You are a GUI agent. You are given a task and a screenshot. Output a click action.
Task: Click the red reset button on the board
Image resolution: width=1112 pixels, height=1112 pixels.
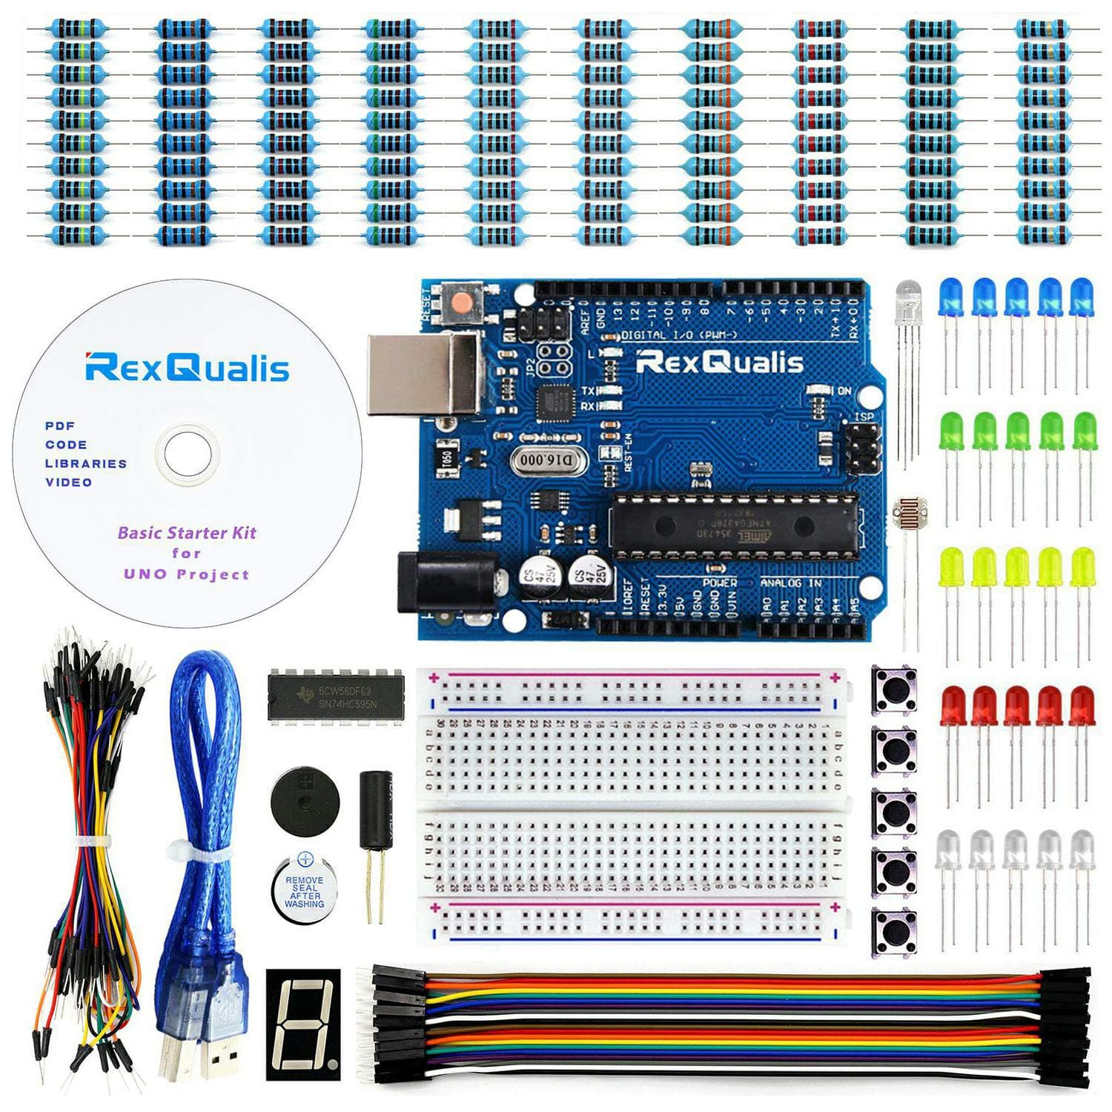pyautogui.click(x=462, y=302)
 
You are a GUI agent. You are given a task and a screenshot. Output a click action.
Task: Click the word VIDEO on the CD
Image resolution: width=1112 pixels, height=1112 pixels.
pyautogui.click(x=69, y=483)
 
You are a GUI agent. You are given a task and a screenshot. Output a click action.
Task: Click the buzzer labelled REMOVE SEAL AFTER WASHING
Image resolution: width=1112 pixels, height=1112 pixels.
pyautogui.click(x=303, y=887)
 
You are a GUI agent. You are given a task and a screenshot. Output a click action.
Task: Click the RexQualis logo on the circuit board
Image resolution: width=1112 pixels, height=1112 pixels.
pyautogui.click(x=719, y=363)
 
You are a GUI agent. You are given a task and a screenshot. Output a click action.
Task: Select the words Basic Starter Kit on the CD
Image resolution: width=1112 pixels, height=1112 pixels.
pyautogui.click(x=187, y=532)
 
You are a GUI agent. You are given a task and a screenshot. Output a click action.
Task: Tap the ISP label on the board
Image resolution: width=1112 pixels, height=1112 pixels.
pyautogui.click(x=864, y=417)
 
